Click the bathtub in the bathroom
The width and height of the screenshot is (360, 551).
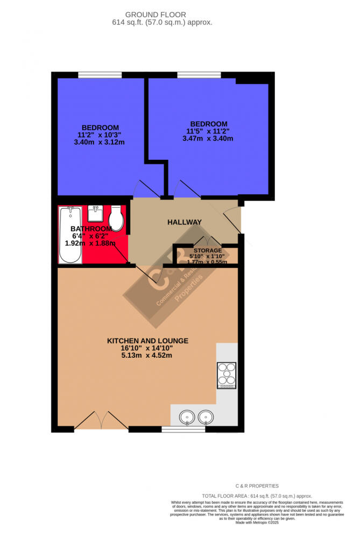pyautogui.click(x=70, y=236)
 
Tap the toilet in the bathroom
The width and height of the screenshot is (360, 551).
pyautogui.click(x=116, y=218)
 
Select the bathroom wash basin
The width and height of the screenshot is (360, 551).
pyautogui.click(x=96, y=214)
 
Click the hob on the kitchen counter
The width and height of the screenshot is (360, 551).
pyautogui.click(x=227, y=375)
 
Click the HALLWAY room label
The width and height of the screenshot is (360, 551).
pyautogui.click(x=184, y=222)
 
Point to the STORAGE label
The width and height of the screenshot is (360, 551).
pyautogui.click(x=208, y=251)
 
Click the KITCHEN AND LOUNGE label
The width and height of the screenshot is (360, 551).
pyautogui.click(x=147, y=341)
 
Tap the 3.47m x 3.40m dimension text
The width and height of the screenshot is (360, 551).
pyautogui.click(x=208, y=138)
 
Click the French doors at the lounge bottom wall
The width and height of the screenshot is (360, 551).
pyautogui.click(x=101, y=421)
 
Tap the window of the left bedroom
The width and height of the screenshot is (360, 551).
pyautogui.click(x=100, y=74)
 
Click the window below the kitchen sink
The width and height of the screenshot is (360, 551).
pyautogui.click(x=183, y=429)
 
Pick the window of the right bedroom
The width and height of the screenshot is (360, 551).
pyautogui.click(x=199, y=74)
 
